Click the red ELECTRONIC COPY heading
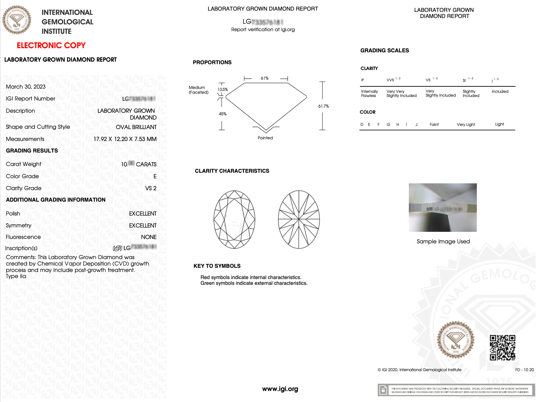click(x=51, y=46)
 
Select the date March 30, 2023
click(x=26, y=87)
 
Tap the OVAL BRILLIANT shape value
click(x=136, y=127)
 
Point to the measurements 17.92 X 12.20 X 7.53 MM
click(x=125, y=139)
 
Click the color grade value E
click(x=155, y=176)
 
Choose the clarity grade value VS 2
click(x=151, y=188)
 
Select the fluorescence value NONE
click(x=149, y=237)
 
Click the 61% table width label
click(x=265, y=78)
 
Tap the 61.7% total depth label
click(x=324, y=106)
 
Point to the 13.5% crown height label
click(x=223, y=90)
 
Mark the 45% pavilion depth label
click(x=223, y=114)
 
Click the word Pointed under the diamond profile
click(x=265, y=138)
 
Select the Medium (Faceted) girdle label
click(x=198, y=90)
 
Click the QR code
click(x=502, y=348)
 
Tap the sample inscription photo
click(x=443, y=207)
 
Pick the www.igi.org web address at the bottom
click(x=280, y=389)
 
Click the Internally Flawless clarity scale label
click(x=369, y=93)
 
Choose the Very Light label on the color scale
click(x=466, y=125)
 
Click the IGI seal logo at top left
click(x=17, y=20)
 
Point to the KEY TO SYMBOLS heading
click(x=217, y=266)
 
